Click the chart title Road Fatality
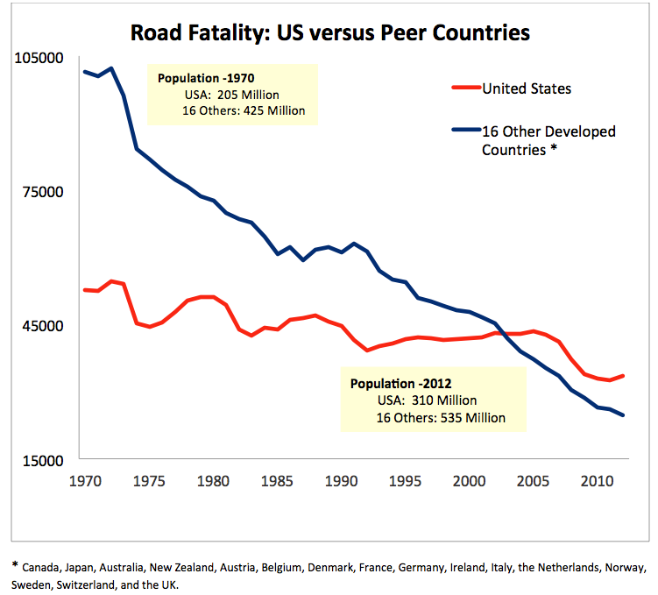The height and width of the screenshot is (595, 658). click(329, 34)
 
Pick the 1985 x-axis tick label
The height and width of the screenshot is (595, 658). click(278, 481)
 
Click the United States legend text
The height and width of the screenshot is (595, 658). click(527, 89)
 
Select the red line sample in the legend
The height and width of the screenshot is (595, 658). click(466, 89)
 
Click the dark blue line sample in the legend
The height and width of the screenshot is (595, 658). click(466, 131)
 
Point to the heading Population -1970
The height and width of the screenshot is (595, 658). click(206, 78)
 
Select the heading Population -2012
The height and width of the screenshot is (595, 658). click(400, 384)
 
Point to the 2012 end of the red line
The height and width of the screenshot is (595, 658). click(623, 375)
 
